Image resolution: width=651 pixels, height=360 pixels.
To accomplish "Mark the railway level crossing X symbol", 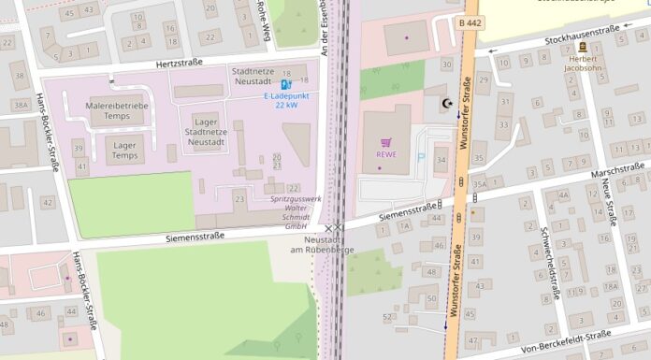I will point(334,227).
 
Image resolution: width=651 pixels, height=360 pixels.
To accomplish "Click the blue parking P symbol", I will point(419,158).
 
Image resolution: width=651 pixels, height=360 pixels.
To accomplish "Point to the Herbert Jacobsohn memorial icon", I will point(583,47).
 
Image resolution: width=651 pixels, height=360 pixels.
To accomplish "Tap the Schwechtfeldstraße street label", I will point(548,262).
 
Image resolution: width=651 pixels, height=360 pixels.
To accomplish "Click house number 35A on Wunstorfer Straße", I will point(480,184).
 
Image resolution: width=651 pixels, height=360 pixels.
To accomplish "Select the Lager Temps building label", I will point(125,150).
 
